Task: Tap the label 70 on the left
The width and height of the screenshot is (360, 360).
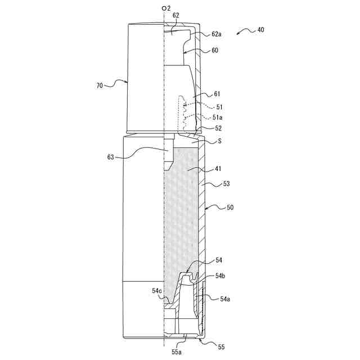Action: point(100,86)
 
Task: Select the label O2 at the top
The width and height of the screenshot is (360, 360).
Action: point(165,8)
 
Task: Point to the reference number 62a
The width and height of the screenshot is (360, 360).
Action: point(217,34)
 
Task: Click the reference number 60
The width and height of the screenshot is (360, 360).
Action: point(215,50)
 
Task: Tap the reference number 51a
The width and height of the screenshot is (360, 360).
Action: point(217,117)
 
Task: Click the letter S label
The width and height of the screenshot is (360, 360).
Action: point(218,142)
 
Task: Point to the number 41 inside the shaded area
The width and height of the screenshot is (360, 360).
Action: point(193,169)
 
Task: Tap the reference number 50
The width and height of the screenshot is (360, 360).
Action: point(230,208)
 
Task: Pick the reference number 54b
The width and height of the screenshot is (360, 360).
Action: point(220,276)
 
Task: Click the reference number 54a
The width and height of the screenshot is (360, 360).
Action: point(224,299)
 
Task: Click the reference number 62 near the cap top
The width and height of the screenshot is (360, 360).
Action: point(175,16)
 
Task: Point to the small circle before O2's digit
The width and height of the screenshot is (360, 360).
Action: point(163,8)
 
